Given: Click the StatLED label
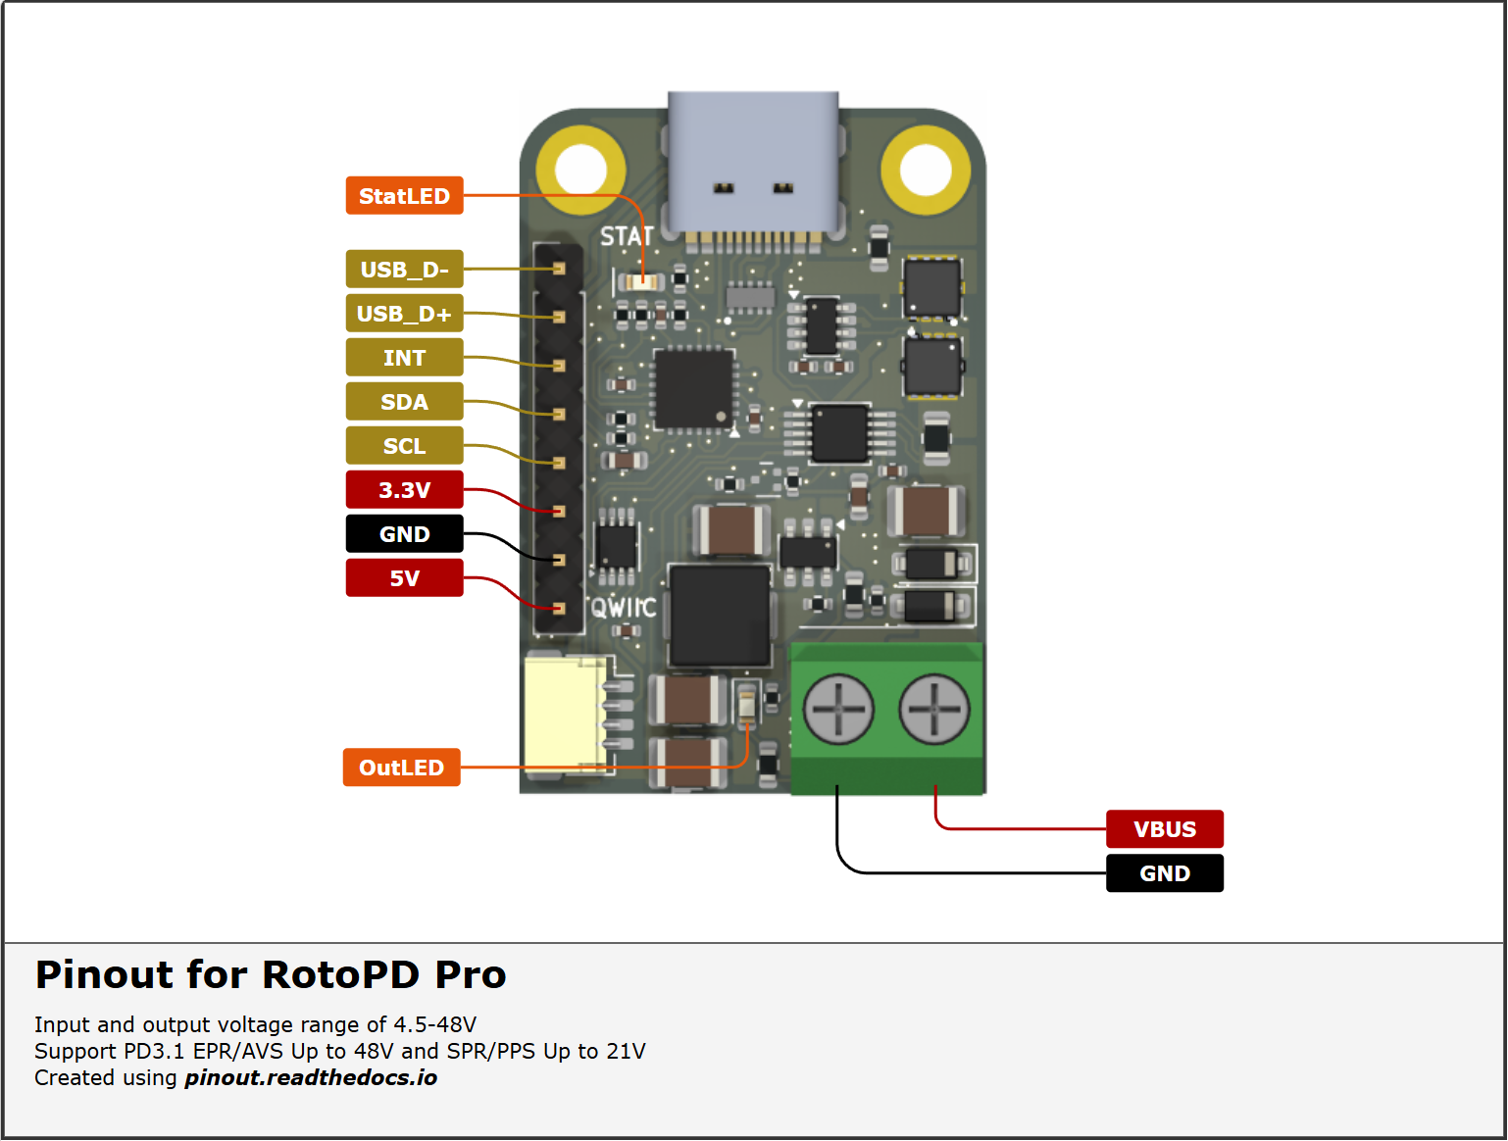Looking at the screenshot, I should [x=404, y=196].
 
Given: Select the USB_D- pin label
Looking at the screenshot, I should [x=404, y=270].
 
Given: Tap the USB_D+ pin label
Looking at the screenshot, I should [x=404, y=314].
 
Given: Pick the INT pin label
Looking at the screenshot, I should [x=404, y=358].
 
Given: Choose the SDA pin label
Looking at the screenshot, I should [x=404, y=402].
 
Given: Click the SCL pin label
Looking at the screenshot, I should [x=404, y=446].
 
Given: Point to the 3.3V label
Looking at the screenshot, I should [x=404, y=490].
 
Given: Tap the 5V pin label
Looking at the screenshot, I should [x=404, y=578].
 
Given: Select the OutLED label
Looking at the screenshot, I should [x=401, y=768].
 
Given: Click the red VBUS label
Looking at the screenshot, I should [x=1165, y=829].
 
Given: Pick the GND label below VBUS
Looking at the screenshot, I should [x=1165, y=873].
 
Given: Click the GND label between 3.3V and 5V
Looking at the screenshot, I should [x=404, y=534].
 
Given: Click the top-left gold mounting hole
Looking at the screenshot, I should [x=581, y=170].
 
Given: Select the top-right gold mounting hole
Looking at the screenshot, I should [x=926, y=170].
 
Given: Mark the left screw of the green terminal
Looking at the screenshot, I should [x=838, y=709].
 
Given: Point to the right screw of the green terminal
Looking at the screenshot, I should [x=933, y=709].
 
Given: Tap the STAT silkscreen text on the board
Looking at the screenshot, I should [x=626, y=237].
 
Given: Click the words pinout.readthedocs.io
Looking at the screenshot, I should [x=311, y=1078].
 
